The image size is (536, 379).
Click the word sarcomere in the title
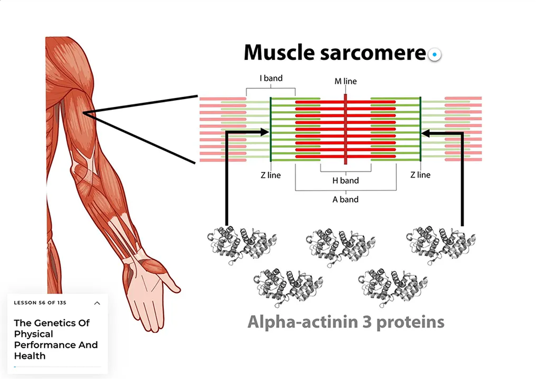tap(373, 53)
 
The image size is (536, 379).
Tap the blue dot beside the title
tap(435, 55)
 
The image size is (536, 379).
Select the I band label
tap(271, 78)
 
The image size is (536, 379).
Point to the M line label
tap(345, 81)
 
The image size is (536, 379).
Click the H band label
tap(345, 180)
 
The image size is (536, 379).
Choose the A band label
tap(345, 200)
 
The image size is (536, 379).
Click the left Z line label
tap(270, 175)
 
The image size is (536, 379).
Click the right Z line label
tap(420, 175)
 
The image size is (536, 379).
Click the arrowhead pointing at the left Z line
tap(264, 132)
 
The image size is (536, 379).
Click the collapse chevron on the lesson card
tap(97, 303)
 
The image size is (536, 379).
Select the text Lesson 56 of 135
tap(40, 303)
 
